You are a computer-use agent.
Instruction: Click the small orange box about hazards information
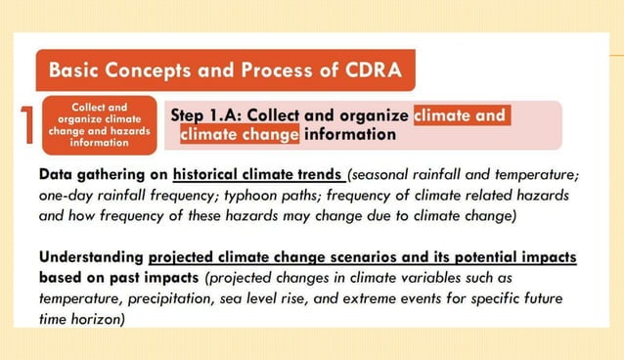click(x=99, y=125)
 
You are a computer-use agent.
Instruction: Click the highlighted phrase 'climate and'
click(x=459, y=115)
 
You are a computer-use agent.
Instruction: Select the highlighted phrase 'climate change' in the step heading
click(x=239, y=134)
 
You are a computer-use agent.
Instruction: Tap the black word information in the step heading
click(x=350, y=134)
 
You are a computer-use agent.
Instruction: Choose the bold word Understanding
click(x=91, y=257)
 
